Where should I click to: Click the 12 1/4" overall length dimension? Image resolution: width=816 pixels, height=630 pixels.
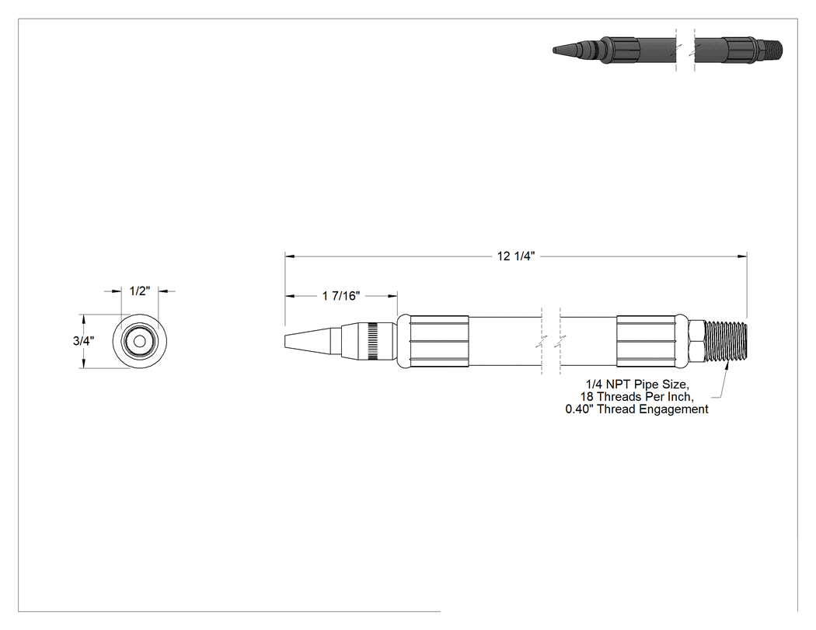pyautogui.click(x=516, y=256)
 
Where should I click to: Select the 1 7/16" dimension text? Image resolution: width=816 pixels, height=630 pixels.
pyautogui.click(x=341, y=296)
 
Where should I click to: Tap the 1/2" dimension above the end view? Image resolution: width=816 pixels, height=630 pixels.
pyautogui.click(x=139, y=291)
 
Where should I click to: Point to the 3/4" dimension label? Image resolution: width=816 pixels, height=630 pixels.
pyautogui.click(x=83, y=341)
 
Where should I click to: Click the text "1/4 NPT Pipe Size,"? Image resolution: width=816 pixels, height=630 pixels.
pyautogui.click(x=637, y=385)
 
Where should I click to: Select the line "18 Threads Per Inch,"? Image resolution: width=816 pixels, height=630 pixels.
pyautogui.click(x=637, y=397)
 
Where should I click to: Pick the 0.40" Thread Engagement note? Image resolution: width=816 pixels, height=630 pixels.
pyautogui.click(x=637, y=409)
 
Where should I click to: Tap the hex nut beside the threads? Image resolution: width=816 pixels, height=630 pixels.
pyautogui.click(x=697, y=341)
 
